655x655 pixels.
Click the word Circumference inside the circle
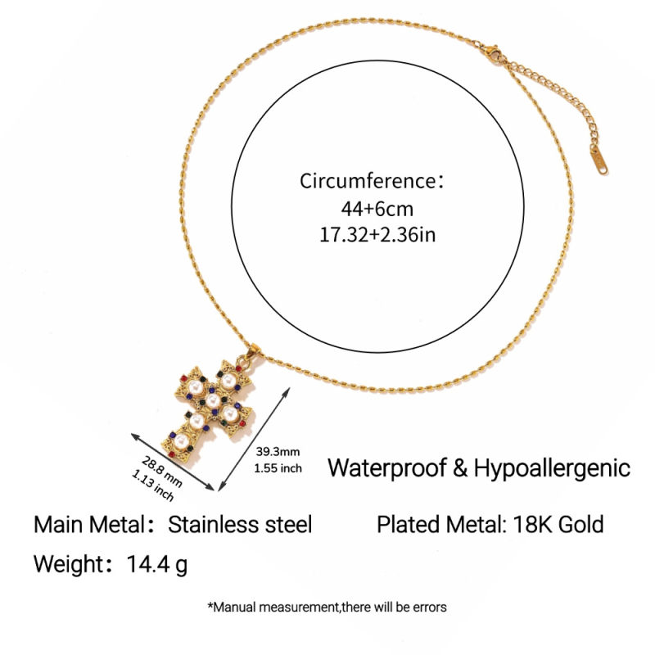click(x=368, y=181)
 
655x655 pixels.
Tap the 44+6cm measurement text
click(x=377, y=209)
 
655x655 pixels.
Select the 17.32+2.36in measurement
click(x=377, y=234)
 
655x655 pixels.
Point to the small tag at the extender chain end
click(x=599, y=160)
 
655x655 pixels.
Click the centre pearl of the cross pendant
click(x=213, y=400)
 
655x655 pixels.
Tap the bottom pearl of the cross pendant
click(x=181, y=440)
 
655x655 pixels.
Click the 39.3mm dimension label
click(x=278, y=452)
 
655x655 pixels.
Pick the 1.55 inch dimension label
click(x=278, y=468)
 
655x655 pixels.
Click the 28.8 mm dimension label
click(x=161, y=472)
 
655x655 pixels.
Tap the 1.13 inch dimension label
click(x=152, y=485)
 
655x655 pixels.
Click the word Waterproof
click(x=386, y=468)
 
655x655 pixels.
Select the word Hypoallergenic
click(x=552, y=468)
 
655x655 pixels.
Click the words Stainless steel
click(x=240, y=524)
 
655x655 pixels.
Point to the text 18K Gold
click(x=558, y=524)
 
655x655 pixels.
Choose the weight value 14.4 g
click(x=156, y=564)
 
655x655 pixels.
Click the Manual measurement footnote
click(x=327, y=607)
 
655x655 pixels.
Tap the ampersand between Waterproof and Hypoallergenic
click(x=460, y=468)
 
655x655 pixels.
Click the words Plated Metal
click(x=442, y=524)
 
